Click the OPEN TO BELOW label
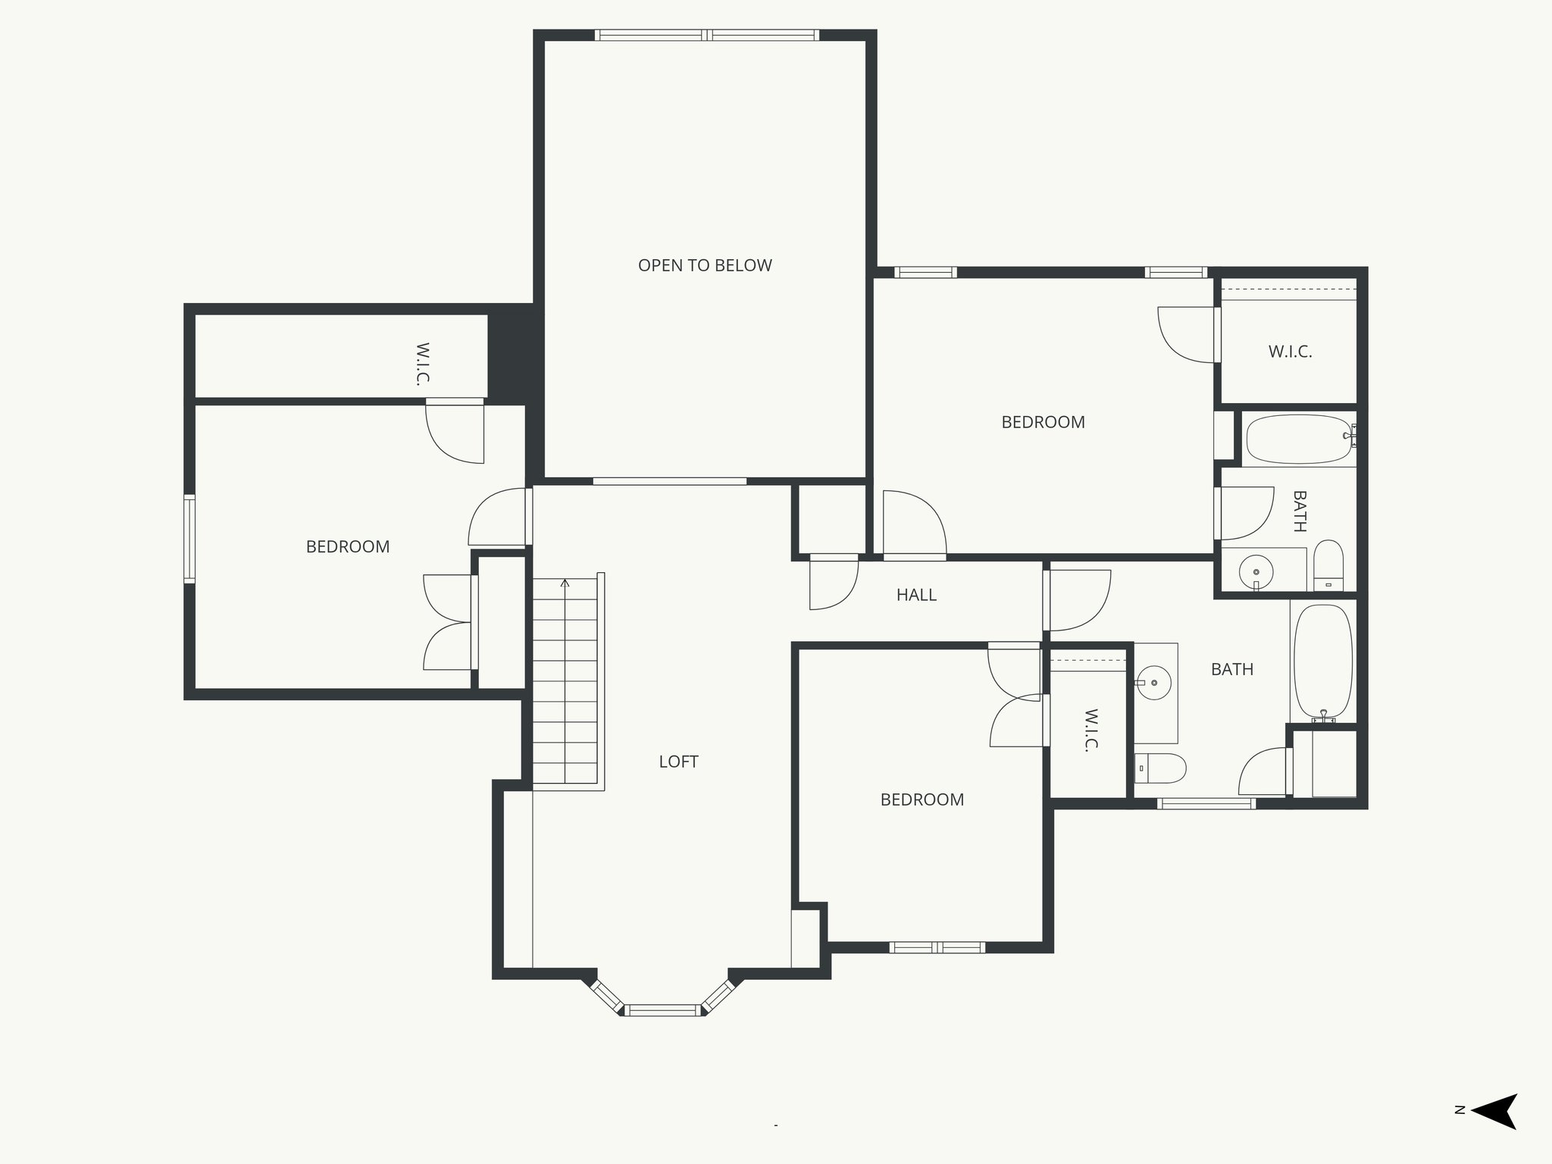[705, 265]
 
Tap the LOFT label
[678, 762]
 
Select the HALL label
[916, 595]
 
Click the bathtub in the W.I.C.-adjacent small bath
[1299, 440]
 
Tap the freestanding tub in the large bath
[1322, 662]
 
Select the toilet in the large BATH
[1159, 768]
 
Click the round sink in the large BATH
[1155, 683]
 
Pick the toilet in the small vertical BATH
[1328, 565]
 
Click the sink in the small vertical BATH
[1256, 571]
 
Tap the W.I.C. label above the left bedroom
[423, 364]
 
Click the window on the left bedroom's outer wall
[189, 538]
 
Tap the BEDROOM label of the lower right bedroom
[921, 799]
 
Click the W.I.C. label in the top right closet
[1290, 352]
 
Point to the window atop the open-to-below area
[706, 35]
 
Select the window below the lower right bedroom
[937, 947]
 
